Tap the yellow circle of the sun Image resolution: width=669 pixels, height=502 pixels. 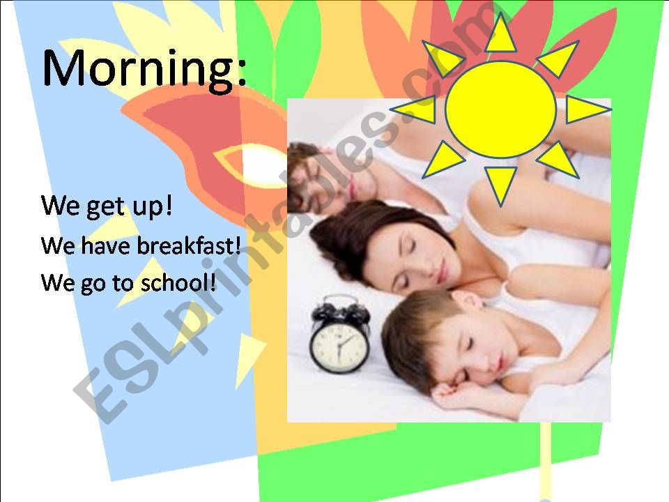click(x=500, y=109)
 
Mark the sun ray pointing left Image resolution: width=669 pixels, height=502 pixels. click(x=417, y=109)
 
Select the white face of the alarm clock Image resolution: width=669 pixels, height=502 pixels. click(x=339, y=346)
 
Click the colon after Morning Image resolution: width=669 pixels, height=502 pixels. click(x=241, y=73)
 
